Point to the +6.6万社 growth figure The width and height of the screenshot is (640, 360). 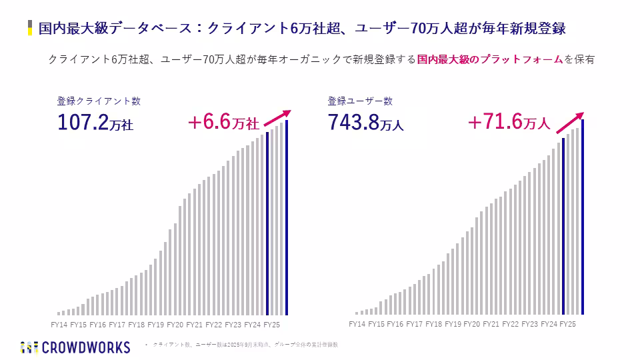pyautogui.click(x=223, y=123)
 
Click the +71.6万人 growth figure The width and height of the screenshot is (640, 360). pyautogui.click(x=508, y=123)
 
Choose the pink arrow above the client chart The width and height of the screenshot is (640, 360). pyautogui.click(x=278, y=117)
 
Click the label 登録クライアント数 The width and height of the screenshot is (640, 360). pyautogui.click(x=99, y=101)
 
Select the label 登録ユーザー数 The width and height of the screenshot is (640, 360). pyautogui.click(x=360, y=101)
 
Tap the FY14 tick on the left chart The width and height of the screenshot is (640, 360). pyautogui.click(x=59, y=325)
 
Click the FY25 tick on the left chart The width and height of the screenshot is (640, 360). pyautogui.click(x=272, y=325)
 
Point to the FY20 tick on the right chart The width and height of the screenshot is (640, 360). pyautogui.click(x=471, y=324)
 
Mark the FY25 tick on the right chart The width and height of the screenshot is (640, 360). pyautogui.click(x=567, y=324)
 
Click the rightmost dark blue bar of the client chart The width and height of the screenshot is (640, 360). pyautogui.click(x=287, y=217)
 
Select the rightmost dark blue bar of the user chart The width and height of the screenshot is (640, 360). pyautogui.click(x=583, y=217)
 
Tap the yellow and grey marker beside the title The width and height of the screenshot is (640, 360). pyautogui.click(x=30, y=28)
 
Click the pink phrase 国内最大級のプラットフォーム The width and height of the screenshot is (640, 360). pyautogui.click(x=490, y=59)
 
